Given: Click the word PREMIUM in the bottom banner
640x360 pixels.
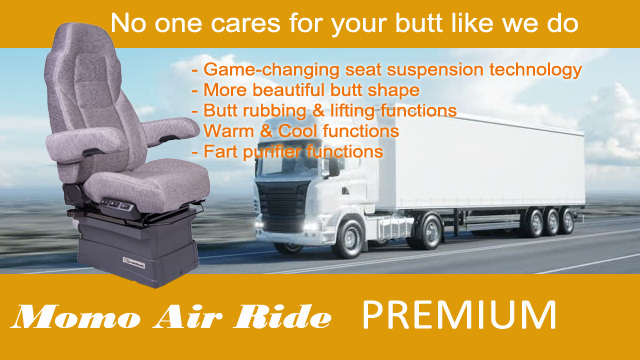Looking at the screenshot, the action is click(x=459, y=315).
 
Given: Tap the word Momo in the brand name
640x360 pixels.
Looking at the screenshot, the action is click(x=74, y=317).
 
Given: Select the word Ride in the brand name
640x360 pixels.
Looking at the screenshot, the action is click(x=282, y=317).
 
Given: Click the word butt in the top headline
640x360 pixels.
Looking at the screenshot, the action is click(x=418, y=22).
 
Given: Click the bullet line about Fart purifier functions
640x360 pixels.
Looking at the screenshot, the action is click(x=287, y=152).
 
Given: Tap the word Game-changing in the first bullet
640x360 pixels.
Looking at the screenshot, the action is click(x=272, y=70).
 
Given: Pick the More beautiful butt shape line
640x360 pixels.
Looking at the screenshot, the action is click(x=305, y=90).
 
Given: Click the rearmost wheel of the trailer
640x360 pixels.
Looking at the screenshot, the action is click(x=566, y=221).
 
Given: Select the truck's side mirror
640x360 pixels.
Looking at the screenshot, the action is click(x=333, y=167).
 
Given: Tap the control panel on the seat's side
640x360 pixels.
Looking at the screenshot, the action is click(x=117, y=205).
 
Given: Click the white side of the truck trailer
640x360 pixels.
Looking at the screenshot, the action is click(x=482, y=163).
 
